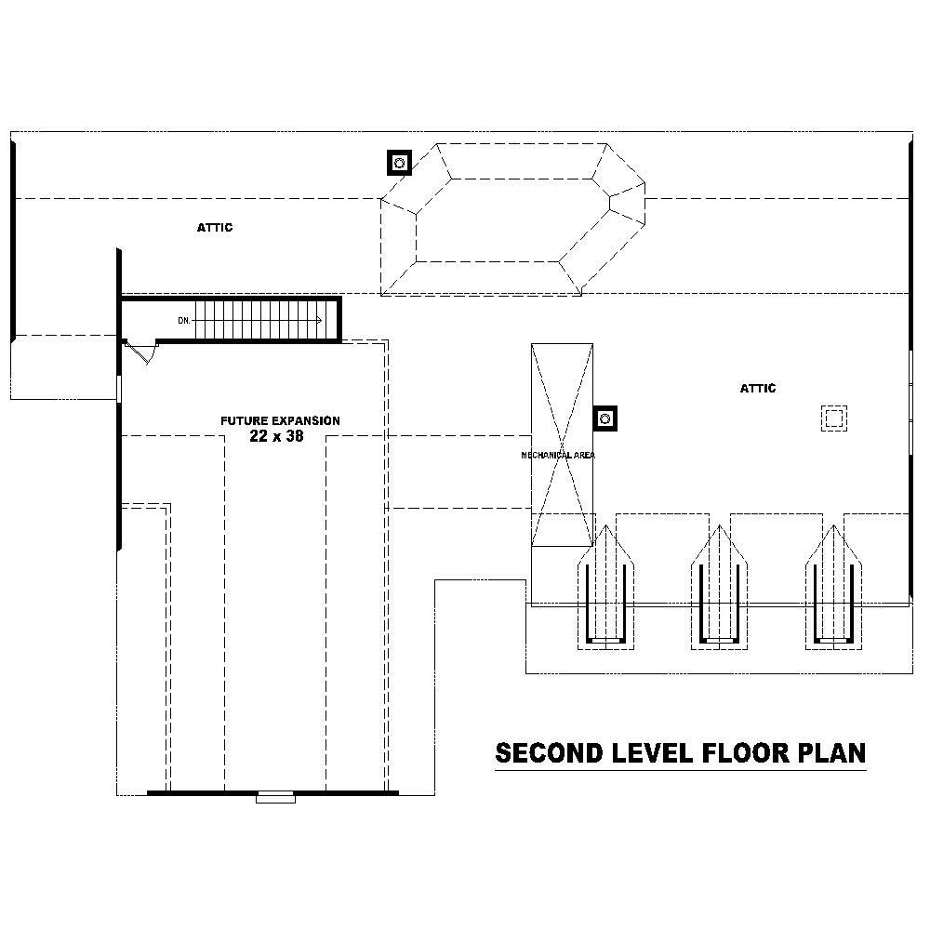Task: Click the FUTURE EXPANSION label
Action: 280,421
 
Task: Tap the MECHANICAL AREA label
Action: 558,456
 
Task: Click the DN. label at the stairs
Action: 184,321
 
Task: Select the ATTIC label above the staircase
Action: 214,227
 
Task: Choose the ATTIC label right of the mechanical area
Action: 757,389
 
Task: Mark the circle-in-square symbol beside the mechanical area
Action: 605,418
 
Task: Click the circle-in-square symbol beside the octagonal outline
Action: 399,164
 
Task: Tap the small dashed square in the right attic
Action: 833,418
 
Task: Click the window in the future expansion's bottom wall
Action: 275,796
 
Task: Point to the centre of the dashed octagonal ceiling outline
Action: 511,219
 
